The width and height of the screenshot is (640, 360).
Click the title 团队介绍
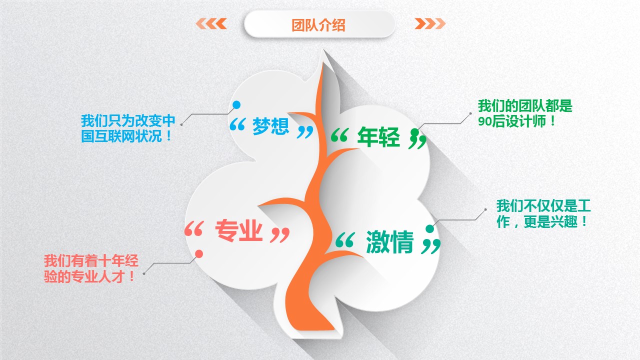pyautogui.click(x=318, y=25)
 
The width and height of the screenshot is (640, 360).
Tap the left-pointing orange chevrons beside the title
pyautogui.click(x=211, y=23)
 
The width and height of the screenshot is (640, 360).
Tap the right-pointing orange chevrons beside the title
pyautogui.click(x=430, y=23)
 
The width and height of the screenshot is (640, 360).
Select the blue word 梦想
pyautogui.click(x=270, y=126)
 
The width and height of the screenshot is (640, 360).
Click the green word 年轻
pyautogui.click(x=378, y=136)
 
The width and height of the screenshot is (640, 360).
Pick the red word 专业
pyautogui.click(x=238, y=230)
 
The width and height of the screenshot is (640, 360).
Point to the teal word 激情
pyautogui.click(x=389, y=241)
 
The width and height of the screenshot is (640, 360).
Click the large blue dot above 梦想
pyautogui.click(x=236, y=105)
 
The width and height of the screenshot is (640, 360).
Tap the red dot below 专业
pyautogui.click(x=199, y=253)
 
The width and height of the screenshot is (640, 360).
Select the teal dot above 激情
pyautogui.click(x=429, y=228)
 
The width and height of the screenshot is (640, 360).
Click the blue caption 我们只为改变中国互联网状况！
pyautogui.click(x=128, y=128)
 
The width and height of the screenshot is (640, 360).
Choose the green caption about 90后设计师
pyautogui.click(x=525, y=113)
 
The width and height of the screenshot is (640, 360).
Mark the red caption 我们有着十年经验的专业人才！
pyautogui.click(x=91, y=268)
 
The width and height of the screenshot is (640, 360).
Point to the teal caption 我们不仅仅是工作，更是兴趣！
pyautogui.click(x=543, y=213)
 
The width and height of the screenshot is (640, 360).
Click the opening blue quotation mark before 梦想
pyautogui.click(x=237, y=124)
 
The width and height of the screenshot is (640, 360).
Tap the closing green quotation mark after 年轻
pyautogui.click(x=417, y=139)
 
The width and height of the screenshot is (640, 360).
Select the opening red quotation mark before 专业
pyautogui.click(x=194, y=228)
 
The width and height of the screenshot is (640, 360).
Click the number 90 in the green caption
pyautogui.click(x=484, y=121)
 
